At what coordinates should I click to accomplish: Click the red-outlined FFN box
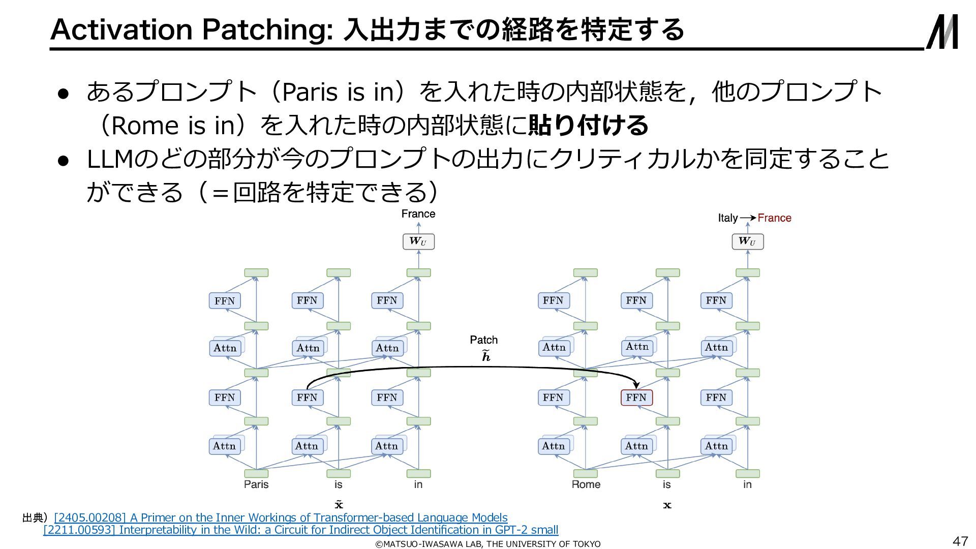point(636,398)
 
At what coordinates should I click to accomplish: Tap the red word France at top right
point(774,218)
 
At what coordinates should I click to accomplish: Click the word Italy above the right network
point(727,218)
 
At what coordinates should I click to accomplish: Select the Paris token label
point(256,484)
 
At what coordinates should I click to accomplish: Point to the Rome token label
point(586,484)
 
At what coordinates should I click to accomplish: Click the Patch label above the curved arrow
point(483,340)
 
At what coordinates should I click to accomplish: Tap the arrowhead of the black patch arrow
point(636,386)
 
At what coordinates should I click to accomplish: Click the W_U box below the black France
point(418,241)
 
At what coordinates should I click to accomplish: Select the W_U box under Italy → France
point(747,241)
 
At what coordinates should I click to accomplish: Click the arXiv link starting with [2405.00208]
point(281,517)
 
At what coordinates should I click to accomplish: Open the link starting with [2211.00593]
point(301,530)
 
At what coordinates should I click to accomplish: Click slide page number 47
point(960,541)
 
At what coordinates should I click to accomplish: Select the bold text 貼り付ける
point(588,125)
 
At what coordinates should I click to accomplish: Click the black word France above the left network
point(418,214)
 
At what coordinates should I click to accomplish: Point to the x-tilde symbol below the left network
point(339,504)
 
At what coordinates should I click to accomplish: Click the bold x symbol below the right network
point(667,505)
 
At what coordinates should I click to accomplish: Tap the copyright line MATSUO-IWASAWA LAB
point(488,544)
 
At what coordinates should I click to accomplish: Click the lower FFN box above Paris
point(224,398)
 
